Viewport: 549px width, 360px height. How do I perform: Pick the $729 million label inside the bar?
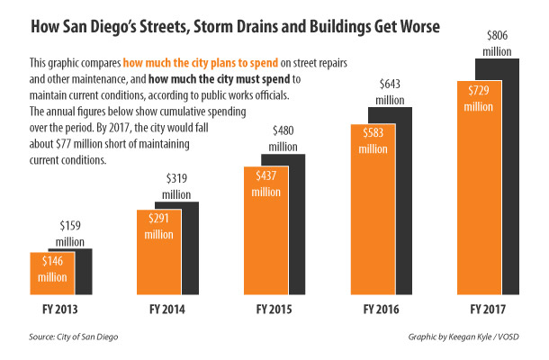coord(481,98)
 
